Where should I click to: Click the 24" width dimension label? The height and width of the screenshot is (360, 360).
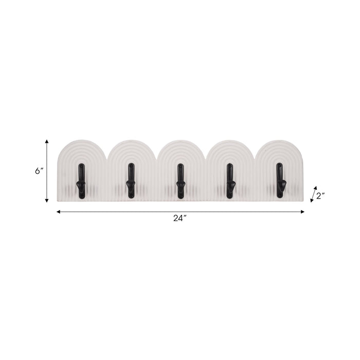point(179,219)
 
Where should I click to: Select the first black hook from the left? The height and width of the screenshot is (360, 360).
point(81,181)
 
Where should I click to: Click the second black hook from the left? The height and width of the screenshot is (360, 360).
point(131,181)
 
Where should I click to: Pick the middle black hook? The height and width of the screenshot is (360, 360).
point(180,181)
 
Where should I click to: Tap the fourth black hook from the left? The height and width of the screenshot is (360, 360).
point(230,181)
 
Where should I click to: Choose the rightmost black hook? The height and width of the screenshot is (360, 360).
point(280,181)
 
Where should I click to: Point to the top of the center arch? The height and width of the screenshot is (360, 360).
point(180,140)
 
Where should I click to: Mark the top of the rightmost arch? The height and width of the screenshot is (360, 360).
point(279,140)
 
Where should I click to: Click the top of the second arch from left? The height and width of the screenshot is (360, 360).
point(131,140)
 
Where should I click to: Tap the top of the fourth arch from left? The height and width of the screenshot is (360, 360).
point(230,140)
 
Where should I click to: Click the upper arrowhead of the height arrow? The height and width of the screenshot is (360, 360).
point(47,141)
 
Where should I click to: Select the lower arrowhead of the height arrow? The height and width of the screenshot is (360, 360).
point(47,201)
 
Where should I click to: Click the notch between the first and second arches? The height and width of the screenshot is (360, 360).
point(106,157)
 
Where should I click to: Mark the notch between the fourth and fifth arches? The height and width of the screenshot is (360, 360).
point(255,157)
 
